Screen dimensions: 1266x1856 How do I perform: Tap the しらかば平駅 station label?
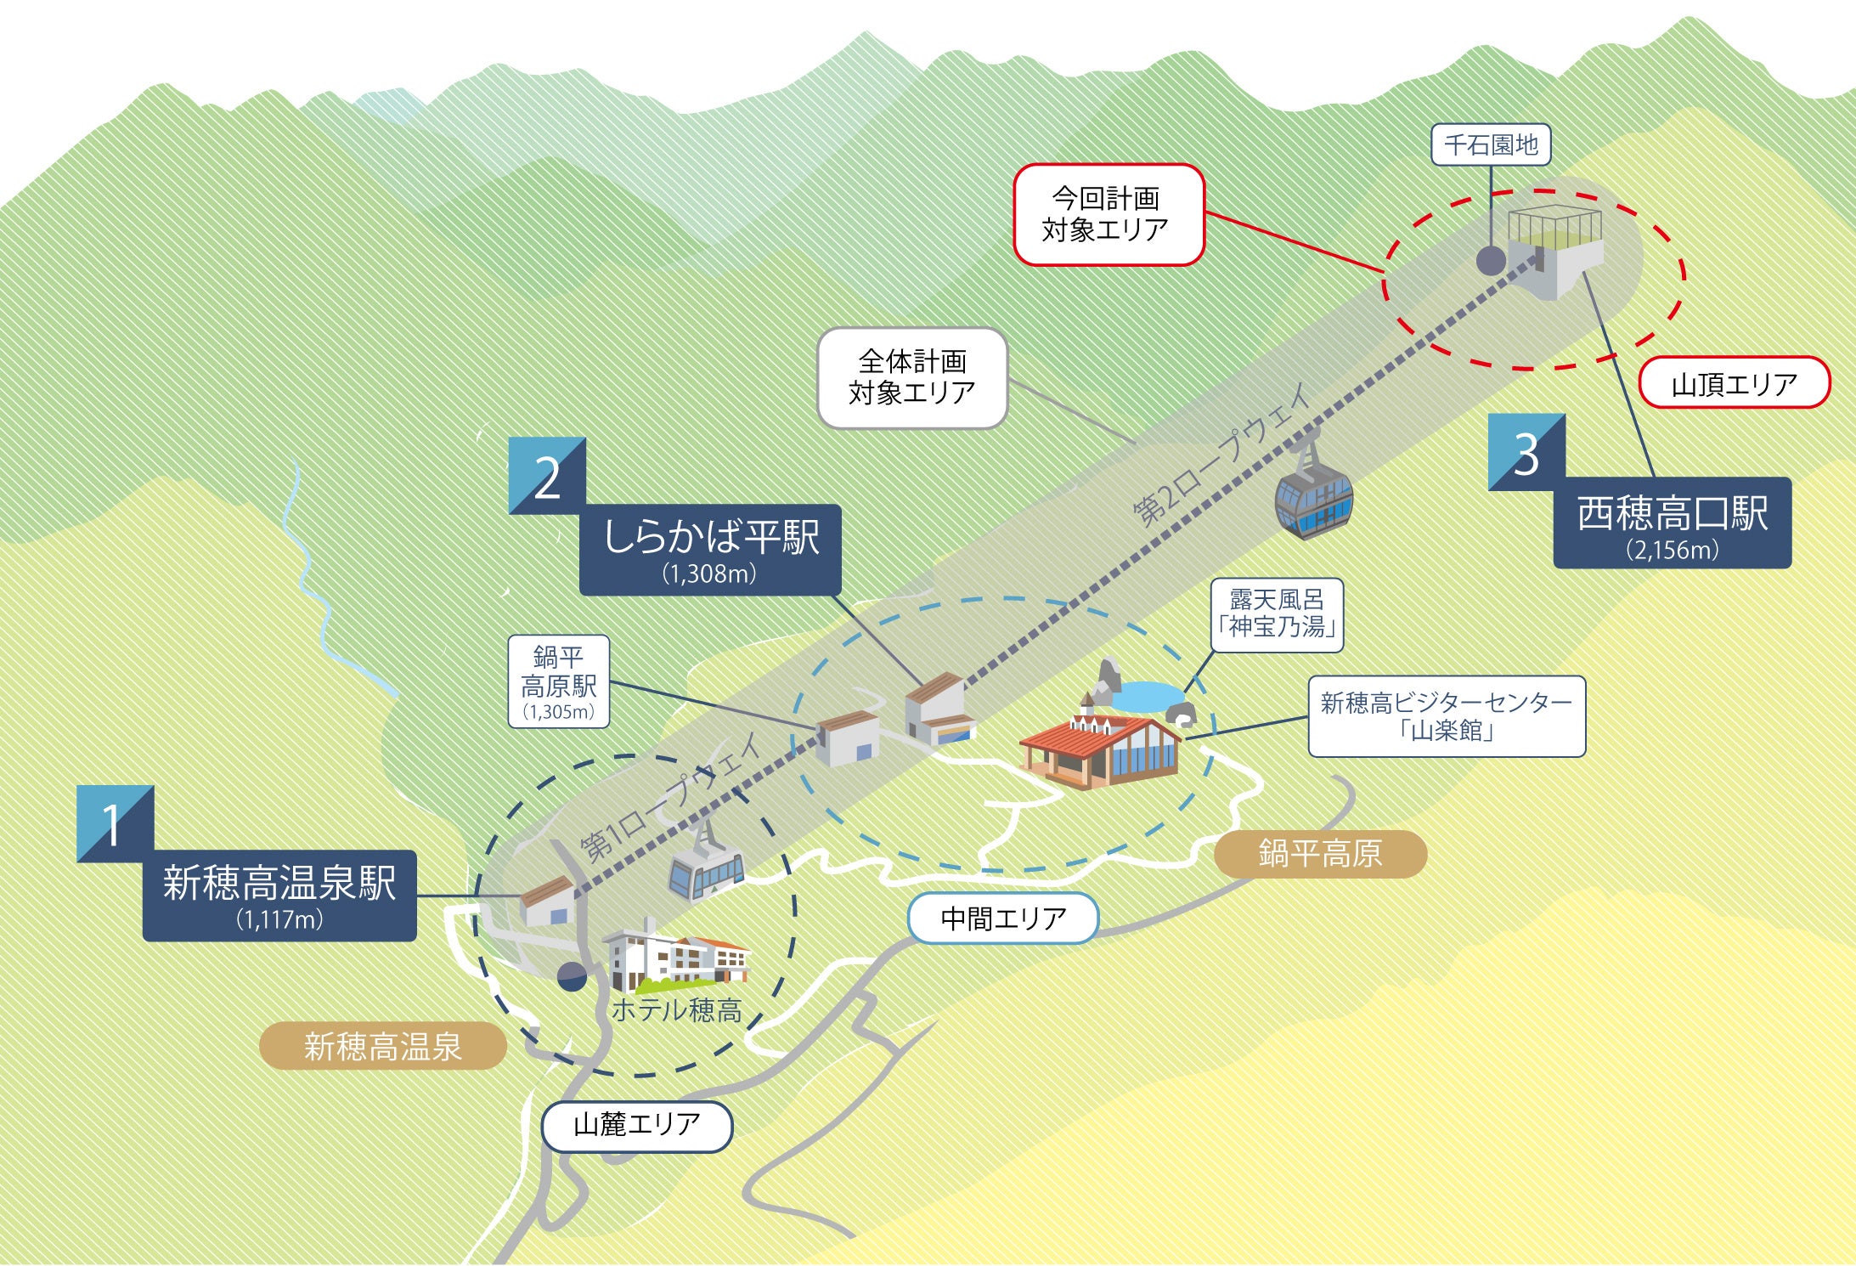(710, 549)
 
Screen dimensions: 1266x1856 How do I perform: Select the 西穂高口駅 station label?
(1672, 523)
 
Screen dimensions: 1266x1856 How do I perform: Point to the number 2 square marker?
(547, 476)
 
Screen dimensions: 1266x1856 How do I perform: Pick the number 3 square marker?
(1526, 452)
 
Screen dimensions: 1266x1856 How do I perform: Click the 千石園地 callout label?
(1491, 145)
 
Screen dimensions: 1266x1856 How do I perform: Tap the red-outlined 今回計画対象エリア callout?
(1109, 214)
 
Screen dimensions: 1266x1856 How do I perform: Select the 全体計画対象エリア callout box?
(912, 377)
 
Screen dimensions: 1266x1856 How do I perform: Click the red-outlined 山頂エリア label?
(1734, 384)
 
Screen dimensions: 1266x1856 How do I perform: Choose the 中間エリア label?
(1003, 918)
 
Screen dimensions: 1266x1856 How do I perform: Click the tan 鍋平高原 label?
(1320, 854)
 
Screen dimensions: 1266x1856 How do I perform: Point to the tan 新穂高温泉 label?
(382, 1046)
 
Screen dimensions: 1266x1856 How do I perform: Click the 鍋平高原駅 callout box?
(559, 681)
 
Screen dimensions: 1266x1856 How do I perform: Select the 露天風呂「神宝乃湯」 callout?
(1277, 614)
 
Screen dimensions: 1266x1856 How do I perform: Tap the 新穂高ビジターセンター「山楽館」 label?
(1446, 715)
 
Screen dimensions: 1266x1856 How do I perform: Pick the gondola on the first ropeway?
(706, 868)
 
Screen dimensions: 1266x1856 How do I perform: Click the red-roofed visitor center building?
(1100, 752)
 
